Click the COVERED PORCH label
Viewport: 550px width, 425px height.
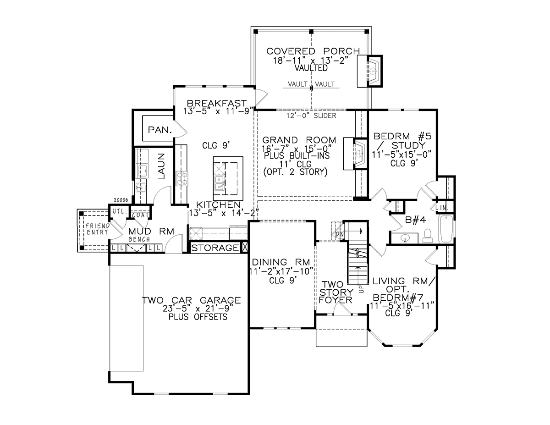[313, 51]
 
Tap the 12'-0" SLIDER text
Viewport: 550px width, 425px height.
[311, 116]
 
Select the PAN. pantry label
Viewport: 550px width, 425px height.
[160, 130]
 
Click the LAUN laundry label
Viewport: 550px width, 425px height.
[161, 166]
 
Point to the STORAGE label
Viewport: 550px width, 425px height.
[215, 248]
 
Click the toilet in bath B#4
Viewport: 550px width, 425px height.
[428, 236]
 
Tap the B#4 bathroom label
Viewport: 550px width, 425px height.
[416, 220]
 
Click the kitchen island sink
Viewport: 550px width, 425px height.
[220, 183]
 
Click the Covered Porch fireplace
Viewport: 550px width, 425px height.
[369, 72]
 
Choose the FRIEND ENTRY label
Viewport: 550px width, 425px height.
[98, 229]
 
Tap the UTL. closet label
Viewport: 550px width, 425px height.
[120, 211]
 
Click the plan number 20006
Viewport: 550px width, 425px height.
[121, 200]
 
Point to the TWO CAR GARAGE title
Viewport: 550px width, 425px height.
[191, 300]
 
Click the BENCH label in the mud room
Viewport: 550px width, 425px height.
[139, 239]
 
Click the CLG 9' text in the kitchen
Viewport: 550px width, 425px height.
[216, 145]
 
